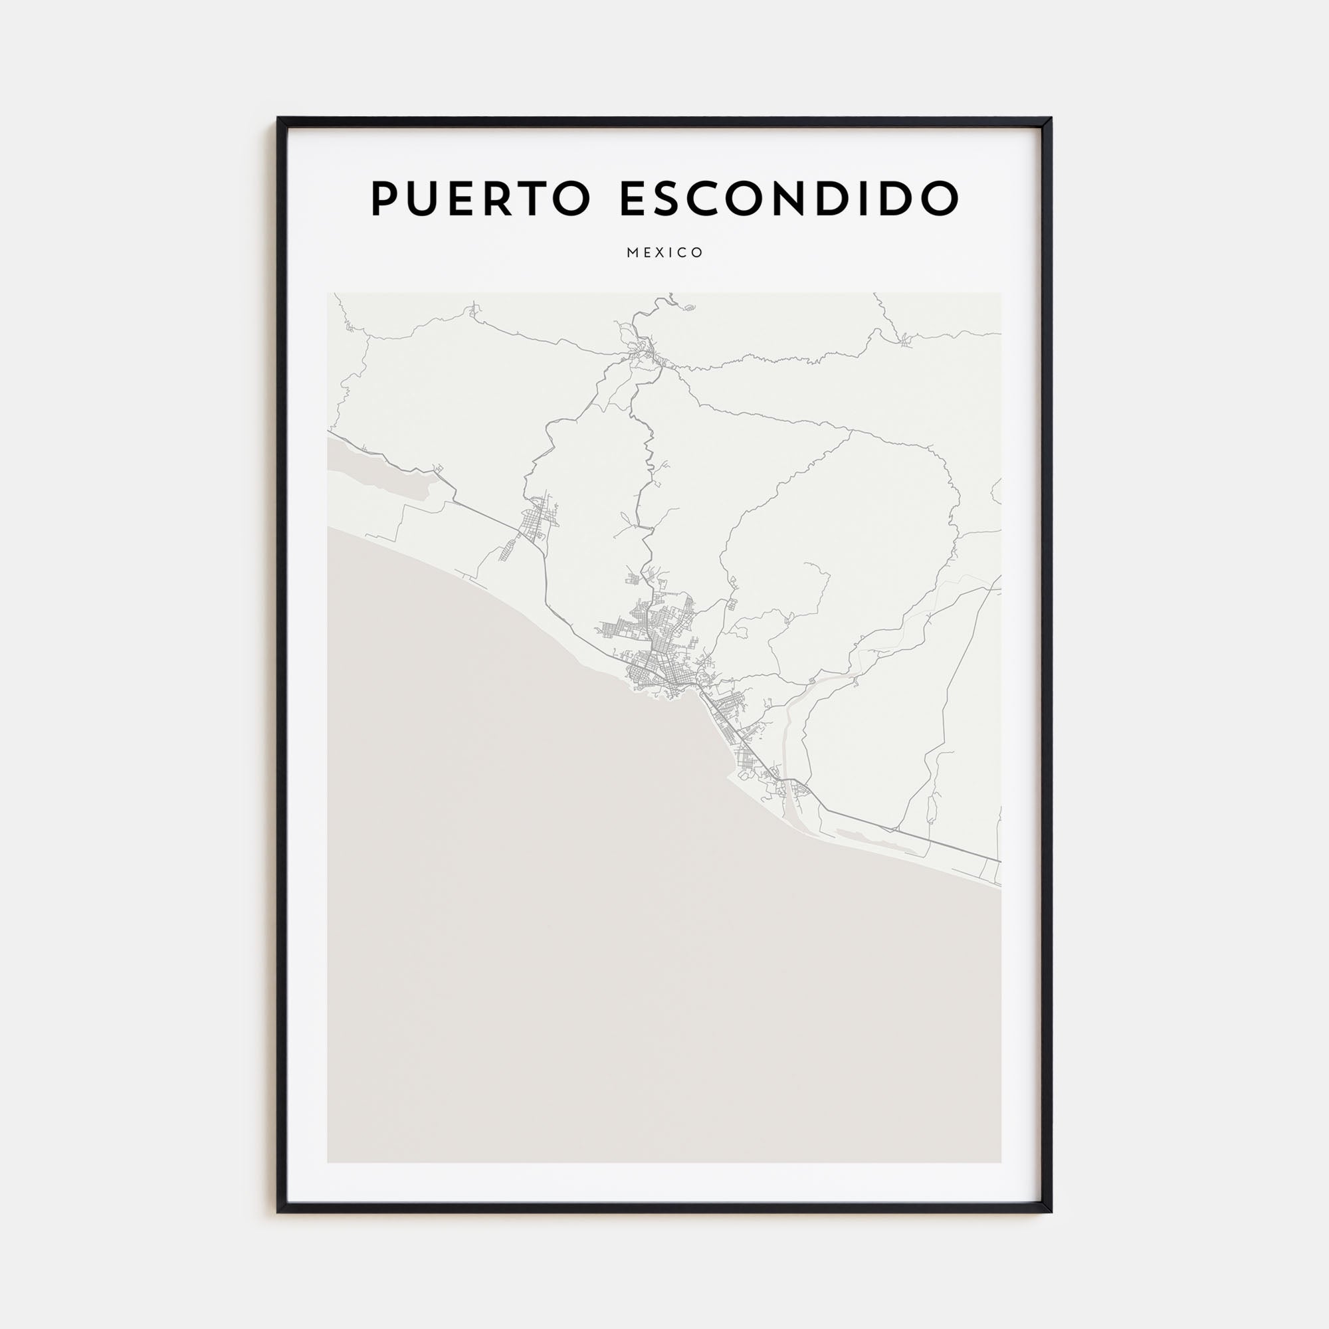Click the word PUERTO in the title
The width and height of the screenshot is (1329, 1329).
[x=480, y=199]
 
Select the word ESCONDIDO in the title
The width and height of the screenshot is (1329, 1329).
[x=789, y=199]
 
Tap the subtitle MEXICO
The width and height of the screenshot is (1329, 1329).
[x=664, y=253]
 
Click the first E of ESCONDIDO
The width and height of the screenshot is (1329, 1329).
[x=633, y=199]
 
